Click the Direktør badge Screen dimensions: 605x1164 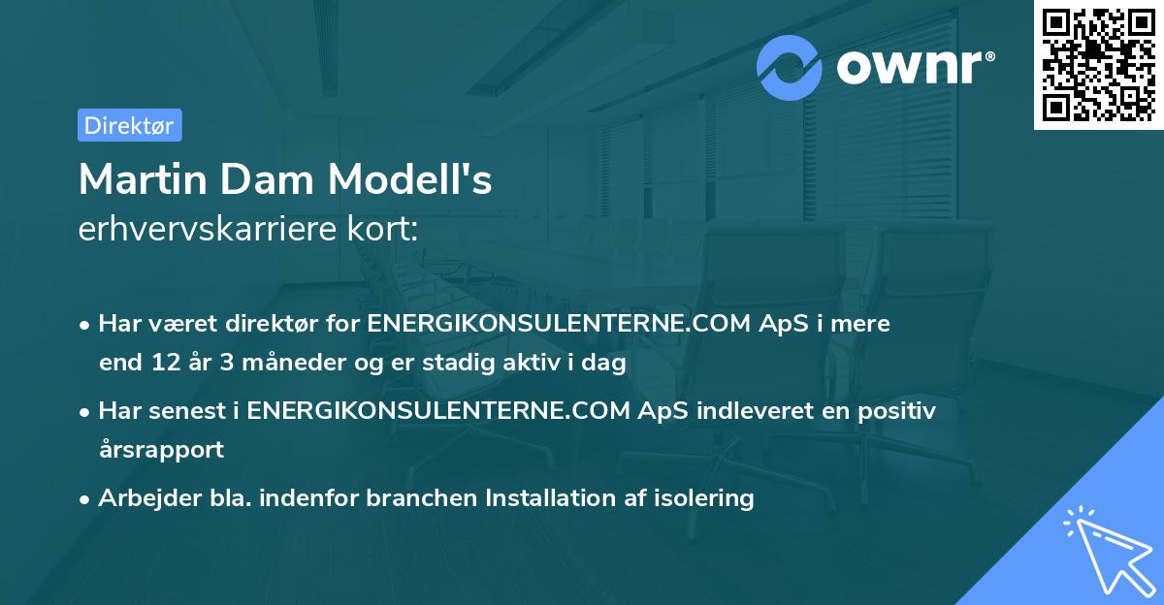(129, 125)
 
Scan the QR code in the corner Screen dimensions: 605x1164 (1098, 64)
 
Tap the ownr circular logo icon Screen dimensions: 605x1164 (790, 68)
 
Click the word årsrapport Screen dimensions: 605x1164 (161, 450)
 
